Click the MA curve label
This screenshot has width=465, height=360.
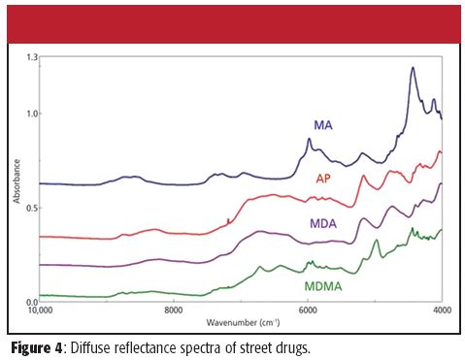[324, 125]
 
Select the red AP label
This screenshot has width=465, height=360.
[324, 179]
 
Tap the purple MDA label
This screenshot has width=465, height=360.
[323, 223]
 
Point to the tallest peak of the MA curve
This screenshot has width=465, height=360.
[413, 68]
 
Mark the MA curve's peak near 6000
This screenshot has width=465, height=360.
[309, 140]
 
